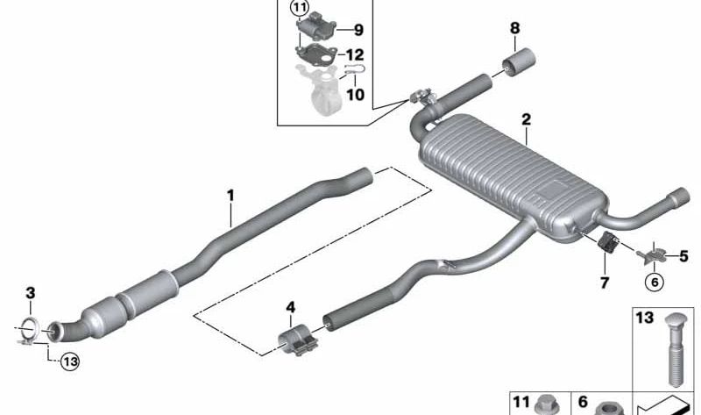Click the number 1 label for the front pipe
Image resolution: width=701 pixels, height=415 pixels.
pos(230,196)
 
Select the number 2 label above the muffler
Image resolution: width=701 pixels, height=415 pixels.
pos(527,119)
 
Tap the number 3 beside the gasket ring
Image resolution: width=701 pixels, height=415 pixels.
pos(30,293)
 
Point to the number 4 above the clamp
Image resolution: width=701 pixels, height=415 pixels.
pos(291,308)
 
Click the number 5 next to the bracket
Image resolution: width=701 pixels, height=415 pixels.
pos(683,256)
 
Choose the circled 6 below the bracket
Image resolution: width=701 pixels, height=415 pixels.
pos(655,282)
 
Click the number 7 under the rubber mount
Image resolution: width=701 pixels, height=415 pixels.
pos(604,283)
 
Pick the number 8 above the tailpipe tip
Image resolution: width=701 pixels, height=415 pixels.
pos(515,28)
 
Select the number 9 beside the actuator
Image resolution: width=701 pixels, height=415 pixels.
pos(358,30)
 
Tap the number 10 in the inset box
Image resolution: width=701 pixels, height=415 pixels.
pos(356,95)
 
